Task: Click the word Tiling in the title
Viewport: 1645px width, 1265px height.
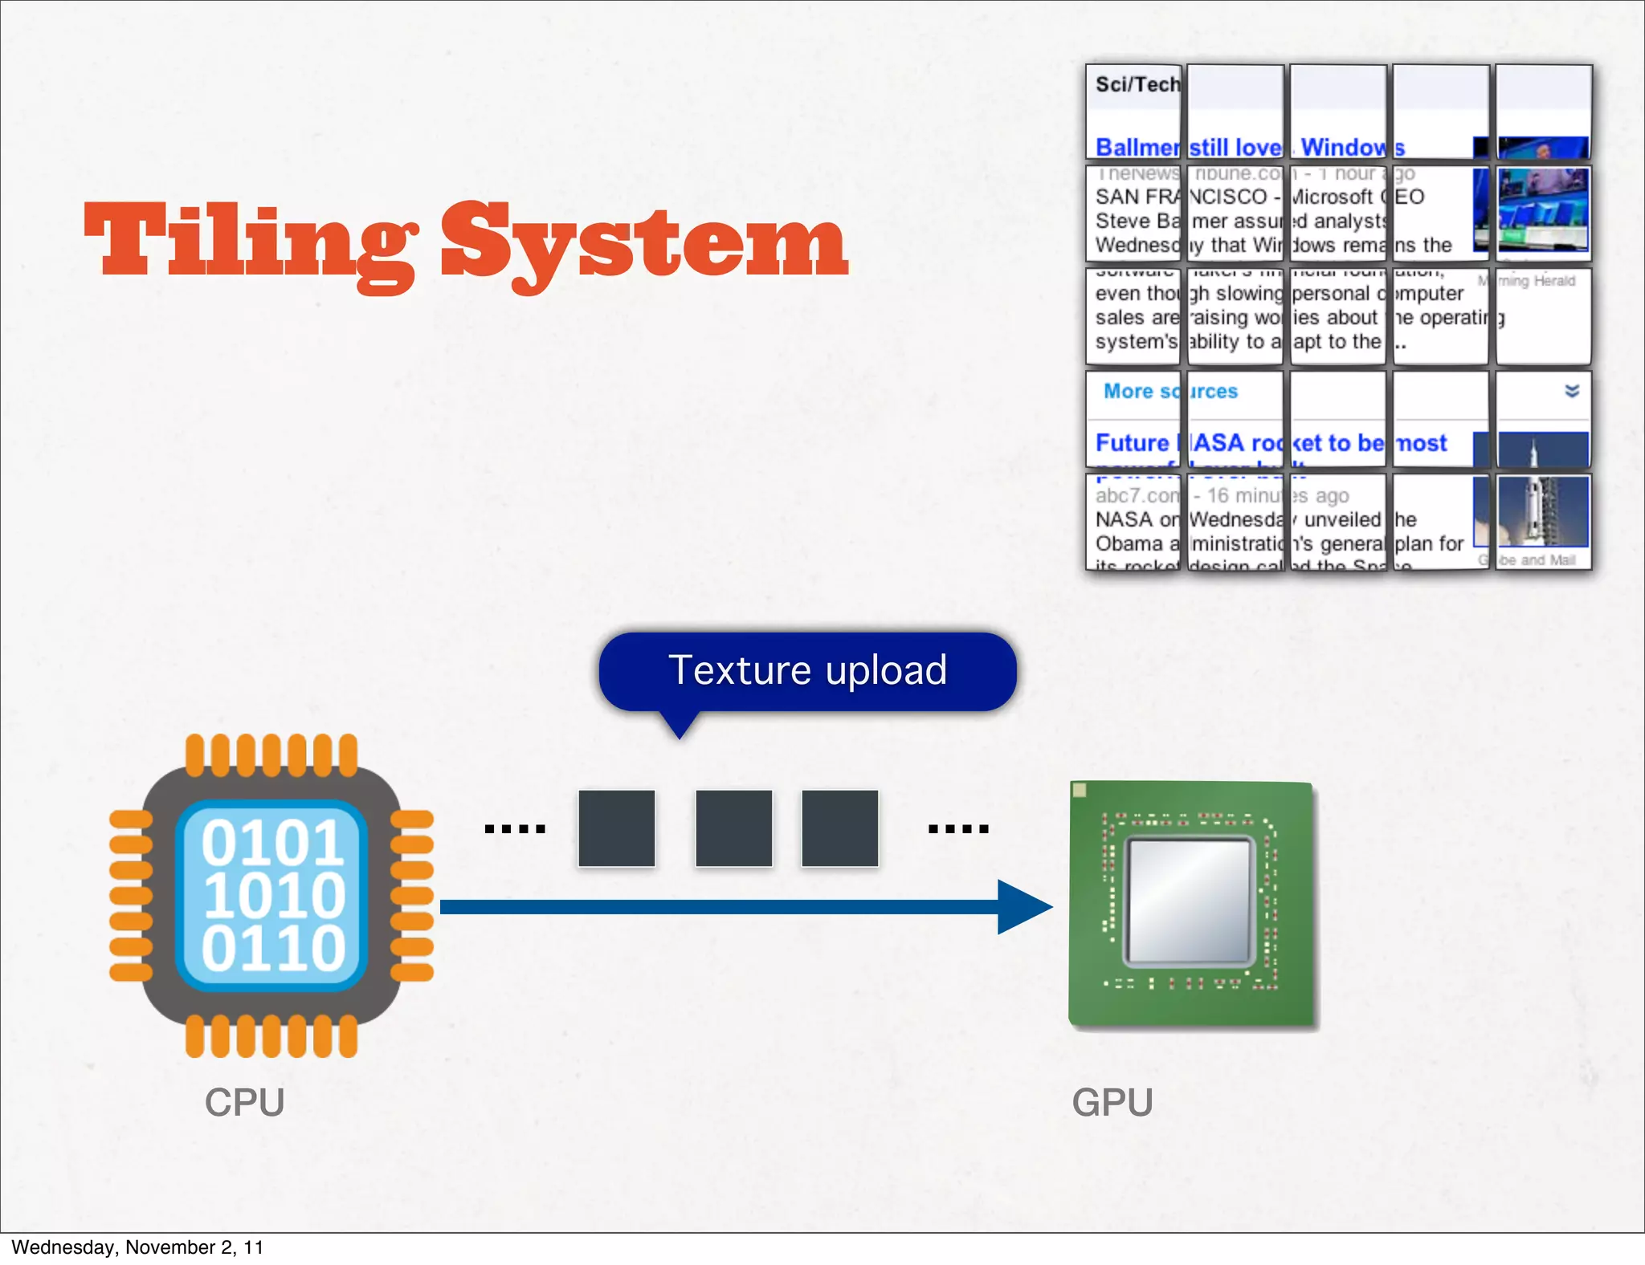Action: pos(249,241)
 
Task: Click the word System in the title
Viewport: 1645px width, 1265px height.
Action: pos(643,241)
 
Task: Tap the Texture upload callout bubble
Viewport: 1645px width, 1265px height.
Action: pos(807,671)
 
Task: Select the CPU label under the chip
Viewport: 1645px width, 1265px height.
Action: pos(244,1102)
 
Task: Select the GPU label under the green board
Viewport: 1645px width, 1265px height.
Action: pos(1112,1102)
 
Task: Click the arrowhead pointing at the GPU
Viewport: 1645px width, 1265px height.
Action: pos(1024,907)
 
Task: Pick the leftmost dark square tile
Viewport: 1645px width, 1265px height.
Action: pos(616,828)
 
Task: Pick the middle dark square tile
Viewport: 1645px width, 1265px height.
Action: pos(733,828)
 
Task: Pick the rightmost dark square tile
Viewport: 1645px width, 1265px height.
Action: pos(839,828)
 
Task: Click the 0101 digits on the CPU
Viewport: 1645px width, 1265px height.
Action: pos(273,843)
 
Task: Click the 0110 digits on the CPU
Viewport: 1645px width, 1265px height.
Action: pos(273,949)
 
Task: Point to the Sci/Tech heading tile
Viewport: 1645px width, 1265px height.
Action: pos(1136,85)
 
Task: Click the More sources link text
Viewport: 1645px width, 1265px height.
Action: pos(1169,391)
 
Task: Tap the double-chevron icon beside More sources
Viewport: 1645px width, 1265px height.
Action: pos(1572,391)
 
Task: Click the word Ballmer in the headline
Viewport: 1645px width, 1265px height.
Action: pos(1137,148)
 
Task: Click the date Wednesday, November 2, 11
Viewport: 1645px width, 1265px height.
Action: pos(137,1247)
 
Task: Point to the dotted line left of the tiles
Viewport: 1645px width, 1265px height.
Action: pos(515,828)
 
